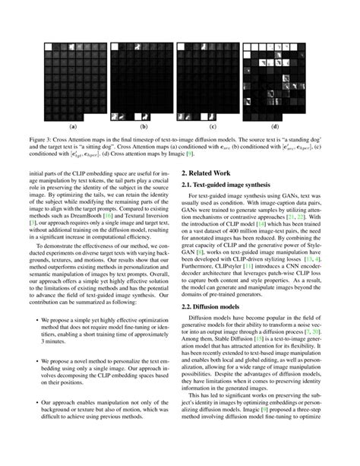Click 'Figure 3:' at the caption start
[x=62, y=141]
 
